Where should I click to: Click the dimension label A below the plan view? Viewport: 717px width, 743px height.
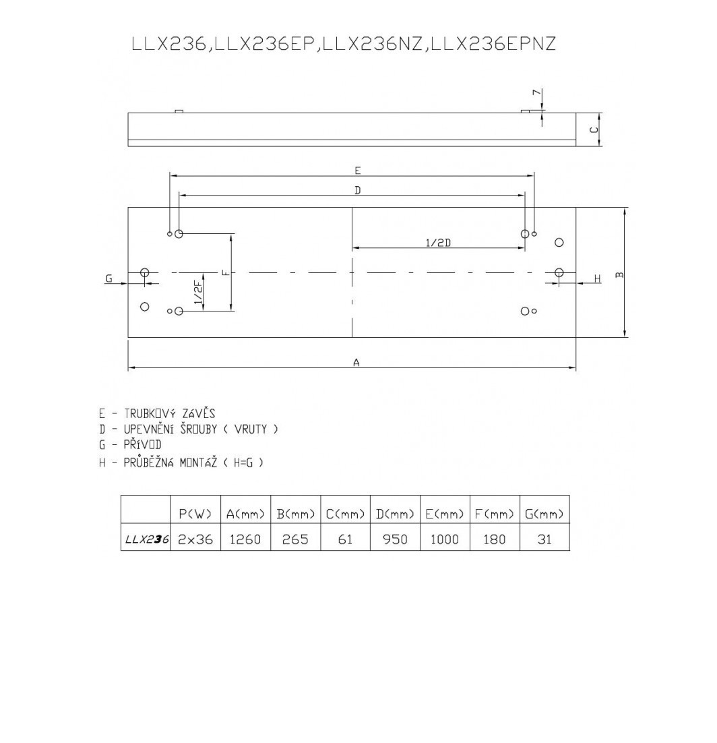356,362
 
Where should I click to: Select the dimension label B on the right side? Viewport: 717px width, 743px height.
619,274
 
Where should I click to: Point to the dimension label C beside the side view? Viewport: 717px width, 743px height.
594,129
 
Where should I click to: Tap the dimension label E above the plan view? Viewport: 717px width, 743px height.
358,171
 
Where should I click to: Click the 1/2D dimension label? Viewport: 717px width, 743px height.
438,243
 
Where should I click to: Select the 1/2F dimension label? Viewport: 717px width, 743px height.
198,293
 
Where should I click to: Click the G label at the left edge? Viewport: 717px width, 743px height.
108,278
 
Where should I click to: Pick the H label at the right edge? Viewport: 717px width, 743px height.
597,278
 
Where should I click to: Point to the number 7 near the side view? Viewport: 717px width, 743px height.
536,93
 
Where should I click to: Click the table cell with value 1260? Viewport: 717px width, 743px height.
245,539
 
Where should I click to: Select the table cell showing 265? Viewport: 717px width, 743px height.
295,539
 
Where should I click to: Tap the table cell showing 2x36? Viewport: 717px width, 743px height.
195,539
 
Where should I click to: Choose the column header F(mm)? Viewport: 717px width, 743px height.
494,514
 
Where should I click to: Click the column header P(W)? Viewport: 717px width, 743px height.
195,514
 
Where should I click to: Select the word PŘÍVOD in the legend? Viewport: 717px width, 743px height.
142,445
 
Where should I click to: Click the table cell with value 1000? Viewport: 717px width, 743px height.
444,539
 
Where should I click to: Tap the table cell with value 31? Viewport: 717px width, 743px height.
544,539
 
